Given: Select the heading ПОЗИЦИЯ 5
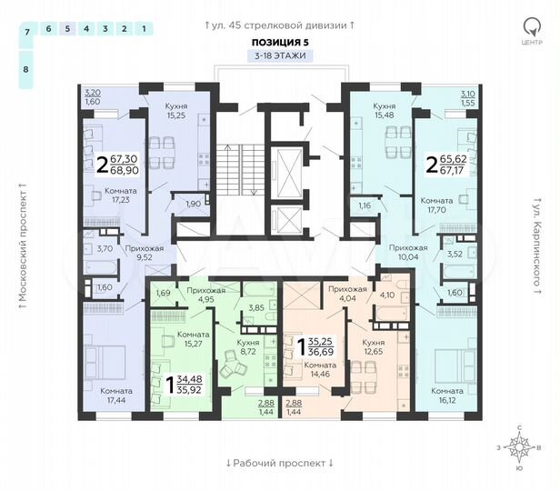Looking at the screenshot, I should [x=279, y=42].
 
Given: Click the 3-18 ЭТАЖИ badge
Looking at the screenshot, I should [x=279, y=55].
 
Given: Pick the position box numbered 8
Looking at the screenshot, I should [x=26, y=69].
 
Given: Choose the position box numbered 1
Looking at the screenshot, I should [x=145, y=29].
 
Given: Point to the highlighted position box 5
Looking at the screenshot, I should [x=66, y=29].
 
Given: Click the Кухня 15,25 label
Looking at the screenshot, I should [x=176, y=111].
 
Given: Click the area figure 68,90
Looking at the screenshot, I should [x=126, y=170].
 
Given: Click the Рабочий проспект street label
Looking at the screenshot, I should [x=279, y=463].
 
